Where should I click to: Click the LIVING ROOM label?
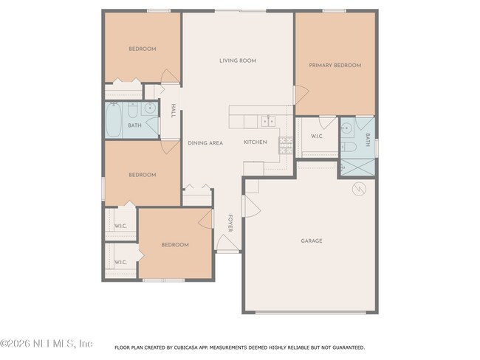coord(238,60)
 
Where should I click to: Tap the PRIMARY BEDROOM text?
coord(336,65)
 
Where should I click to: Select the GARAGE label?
coord(311,240)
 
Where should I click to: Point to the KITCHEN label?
coord(256,142)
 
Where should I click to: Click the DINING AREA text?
coord(205,142)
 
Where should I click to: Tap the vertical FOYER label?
coord(230,224)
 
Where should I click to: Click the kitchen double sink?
coord(268,120)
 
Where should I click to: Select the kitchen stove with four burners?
coord(284,143)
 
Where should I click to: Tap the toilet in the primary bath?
coord(352,147)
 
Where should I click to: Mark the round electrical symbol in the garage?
coord(359,189)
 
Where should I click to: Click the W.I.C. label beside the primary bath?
coord(317,136)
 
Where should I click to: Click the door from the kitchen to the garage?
coord(251,207)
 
